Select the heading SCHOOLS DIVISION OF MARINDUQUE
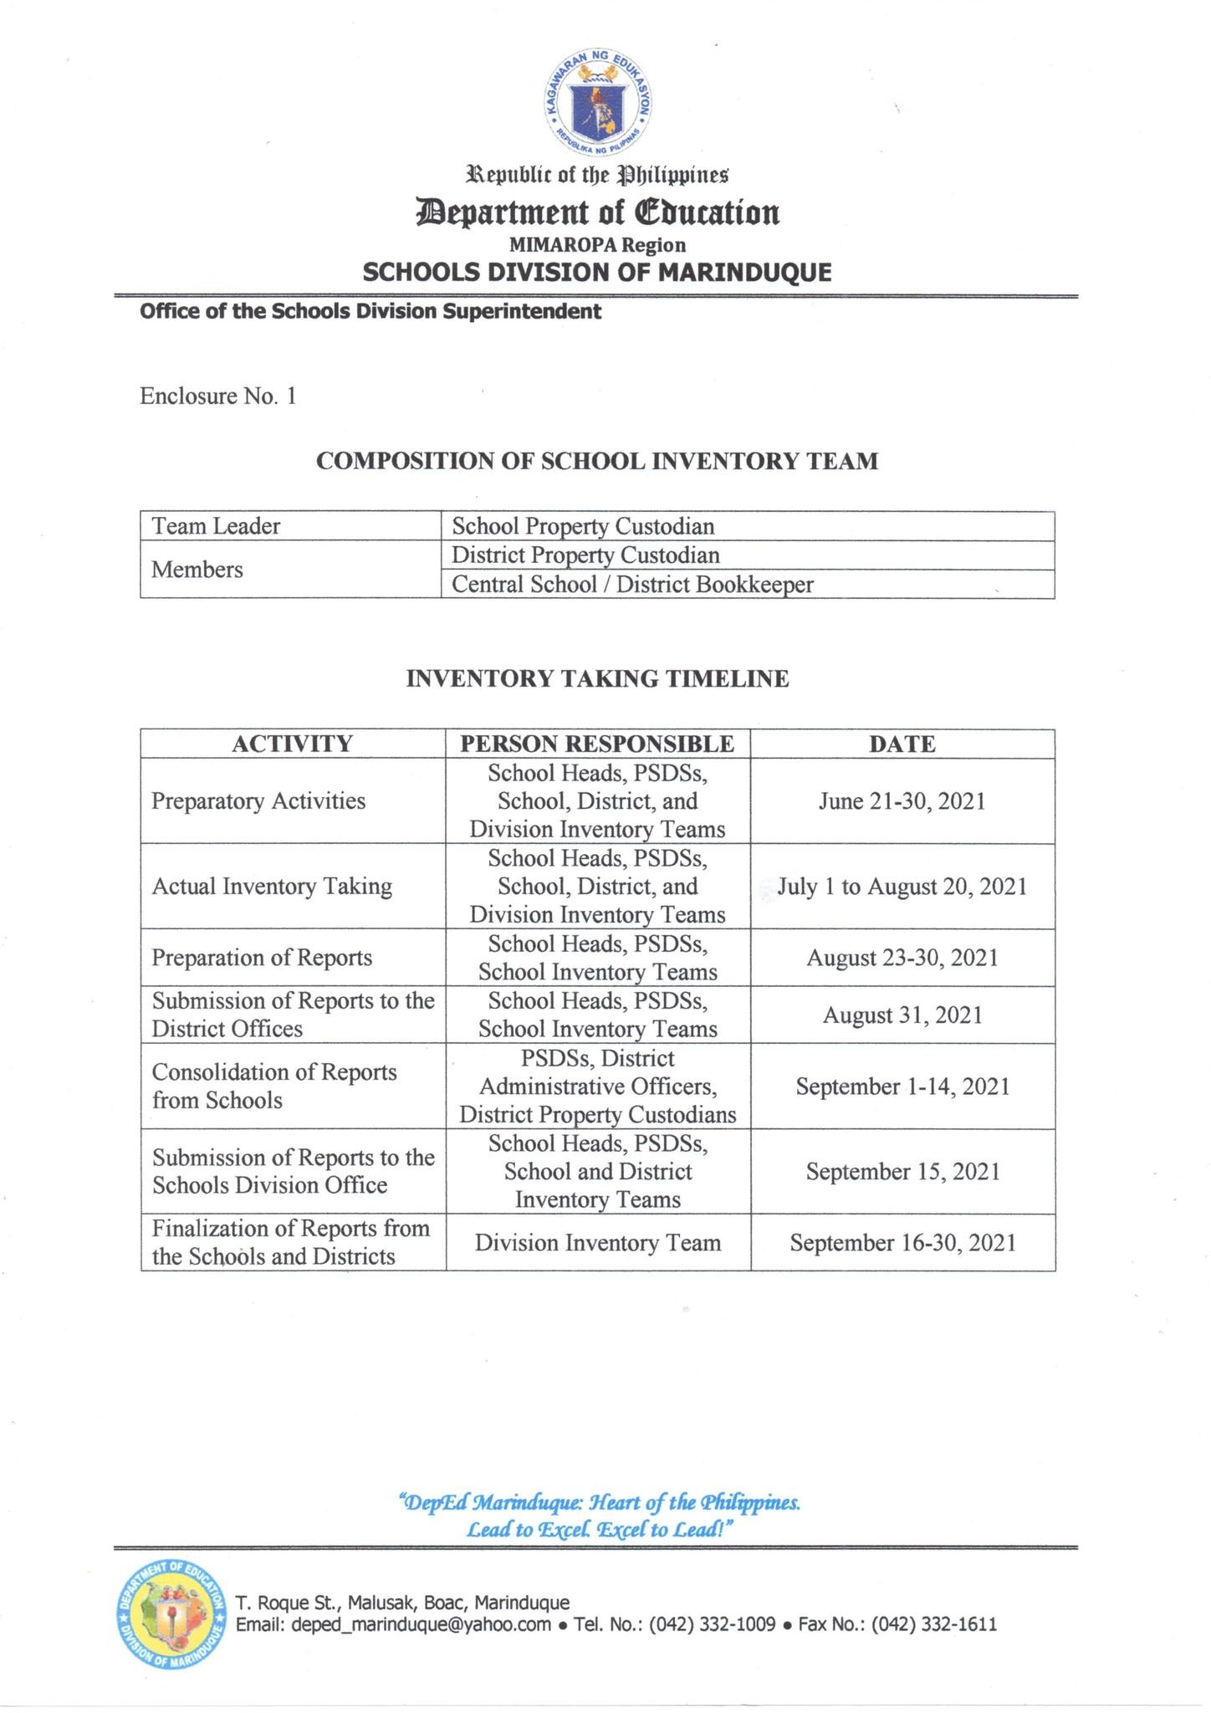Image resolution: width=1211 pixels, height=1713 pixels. click(596, 273)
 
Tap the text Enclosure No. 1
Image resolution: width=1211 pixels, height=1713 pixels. click(217, 396)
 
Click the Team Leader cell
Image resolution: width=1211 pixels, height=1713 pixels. click(216, 526)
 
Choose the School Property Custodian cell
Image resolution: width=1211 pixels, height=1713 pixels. click(583, 526)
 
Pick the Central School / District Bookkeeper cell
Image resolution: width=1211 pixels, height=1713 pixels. click(632, 584)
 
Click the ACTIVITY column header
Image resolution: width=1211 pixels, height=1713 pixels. click(292, 744)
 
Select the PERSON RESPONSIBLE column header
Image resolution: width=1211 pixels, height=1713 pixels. click(597, 744)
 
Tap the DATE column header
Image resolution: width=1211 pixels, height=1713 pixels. click(902, 744)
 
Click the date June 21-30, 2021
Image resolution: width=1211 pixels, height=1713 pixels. click(902, 801)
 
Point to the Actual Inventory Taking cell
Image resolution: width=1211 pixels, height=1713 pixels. click(272, 887)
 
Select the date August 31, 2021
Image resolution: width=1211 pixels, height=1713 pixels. click(902, 1015)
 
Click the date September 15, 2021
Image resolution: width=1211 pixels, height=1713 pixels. click(902, 1172)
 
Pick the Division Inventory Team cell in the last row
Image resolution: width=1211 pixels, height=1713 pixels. click(597, 1243)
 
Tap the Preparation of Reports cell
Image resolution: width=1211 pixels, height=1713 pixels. click(262, 958)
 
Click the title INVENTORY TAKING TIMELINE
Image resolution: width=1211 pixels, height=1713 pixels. click(597, 678)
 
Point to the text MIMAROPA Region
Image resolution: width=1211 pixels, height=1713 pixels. click(597, 245)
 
